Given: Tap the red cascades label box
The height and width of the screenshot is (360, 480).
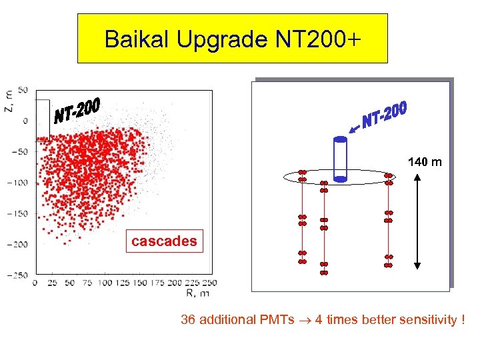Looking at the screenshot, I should [x=164, y=241].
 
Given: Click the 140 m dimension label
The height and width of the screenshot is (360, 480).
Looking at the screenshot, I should [x=425, y=162].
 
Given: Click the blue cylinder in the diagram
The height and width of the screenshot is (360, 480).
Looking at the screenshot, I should [x=340, y=159].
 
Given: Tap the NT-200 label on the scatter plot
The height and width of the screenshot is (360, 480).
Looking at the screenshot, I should [x=77, y=111].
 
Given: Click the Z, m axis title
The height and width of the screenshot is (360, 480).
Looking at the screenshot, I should [x=7, y=101].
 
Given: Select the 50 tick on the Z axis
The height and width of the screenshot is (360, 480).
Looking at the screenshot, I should [x=23, y=90].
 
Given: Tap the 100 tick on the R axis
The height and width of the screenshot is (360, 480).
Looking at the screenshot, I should [x=105, y=283].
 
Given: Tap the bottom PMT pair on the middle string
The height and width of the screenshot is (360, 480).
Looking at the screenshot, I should [x=324, y=268].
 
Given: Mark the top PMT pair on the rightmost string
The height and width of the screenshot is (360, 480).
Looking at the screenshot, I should [x=389, y=177].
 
